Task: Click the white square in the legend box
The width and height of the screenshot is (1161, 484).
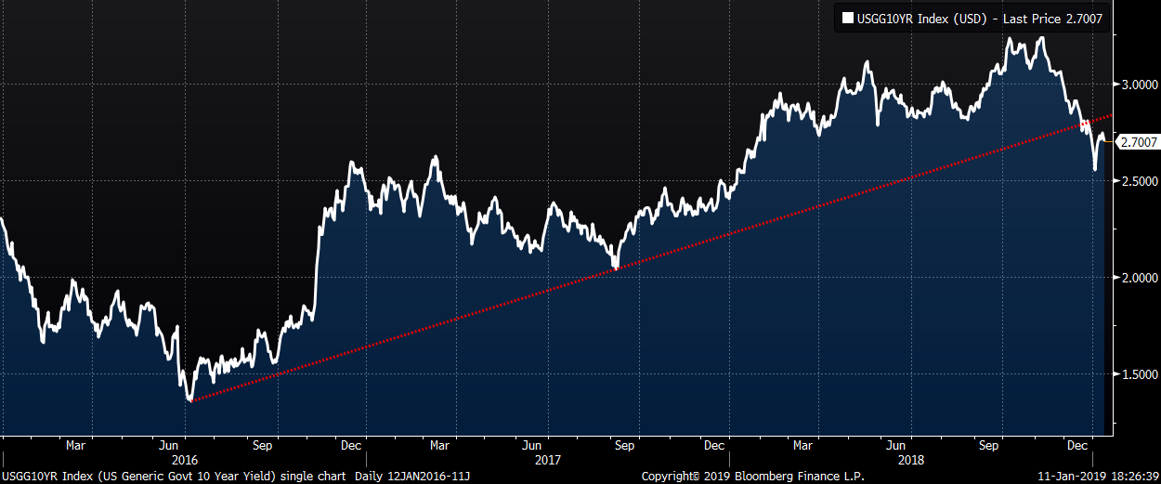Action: pos(847,18)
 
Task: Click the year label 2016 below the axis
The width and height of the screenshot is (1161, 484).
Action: pos(185,460)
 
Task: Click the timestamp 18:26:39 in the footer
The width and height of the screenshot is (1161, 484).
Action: pos(1130,476)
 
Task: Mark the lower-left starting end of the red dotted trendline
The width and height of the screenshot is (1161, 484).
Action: pos(190,400)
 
